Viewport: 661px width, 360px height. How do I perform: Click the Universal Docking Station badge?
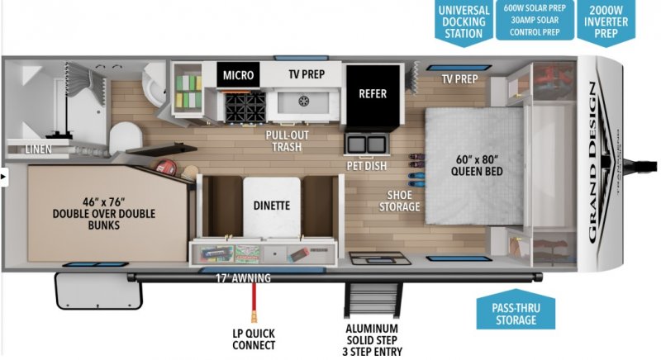tap(464, 21)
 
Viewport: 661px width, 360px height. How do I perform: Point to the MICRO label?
tap(240, 76)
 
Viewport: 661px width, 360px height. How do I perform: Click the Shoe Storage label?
tap(399, 201)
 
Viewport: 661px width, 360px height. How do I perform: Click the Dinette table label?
tap(272, 206)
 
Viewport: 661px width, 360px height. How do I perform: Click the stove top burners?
tap(244, 106)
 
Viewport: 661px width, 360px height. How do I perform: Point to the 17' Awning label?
tap(244, 278)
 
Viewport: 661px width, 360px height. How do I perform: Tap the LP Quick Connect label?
tap(254, 339)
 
